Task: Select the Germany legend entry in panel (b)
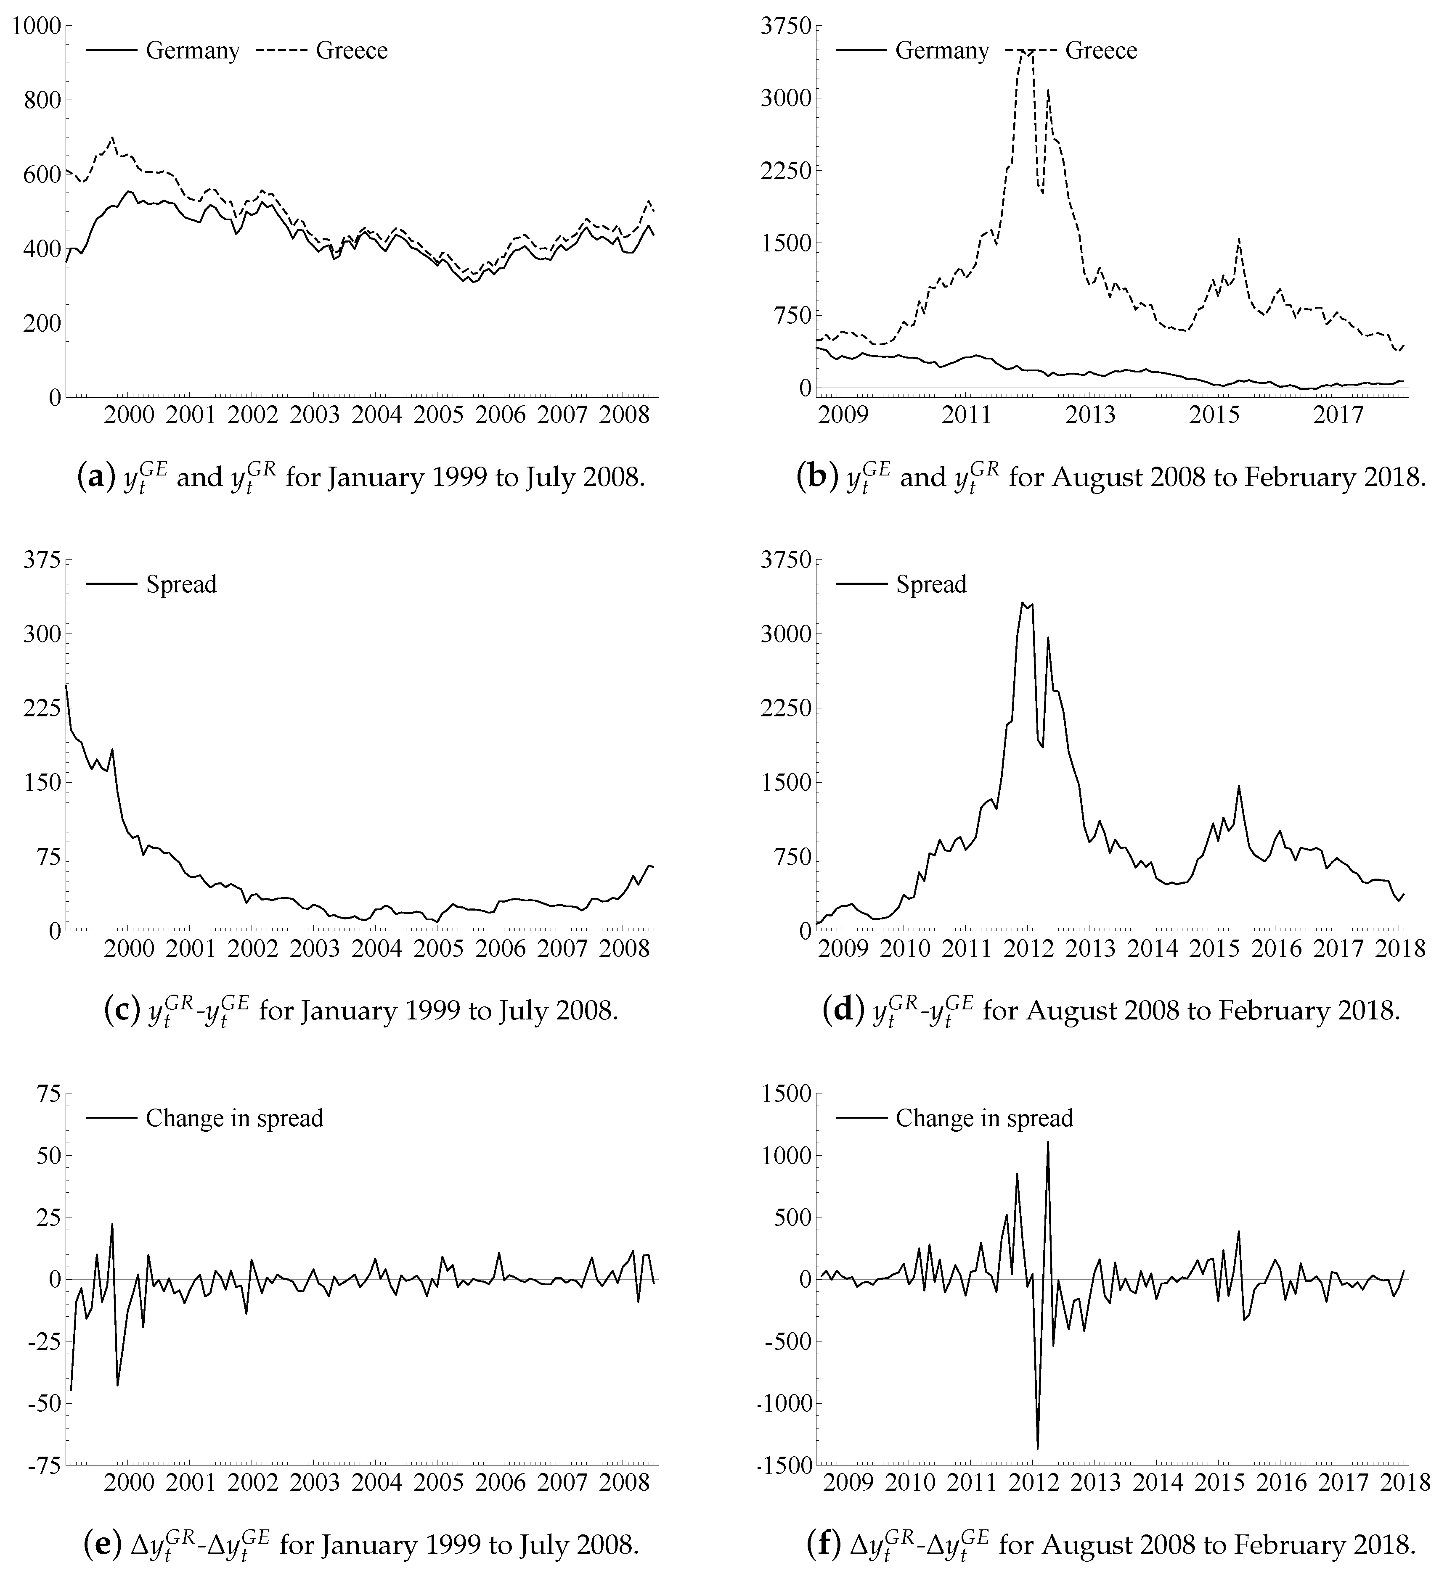coord(942,50)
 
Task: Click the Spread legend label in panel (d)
coord(931,584)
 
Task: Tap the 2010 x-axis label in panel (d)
coord(904,948)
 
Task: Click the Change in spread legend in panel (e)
coord(234,1118)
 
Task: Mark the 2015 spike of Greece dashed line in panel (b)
coord(1239,239)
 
